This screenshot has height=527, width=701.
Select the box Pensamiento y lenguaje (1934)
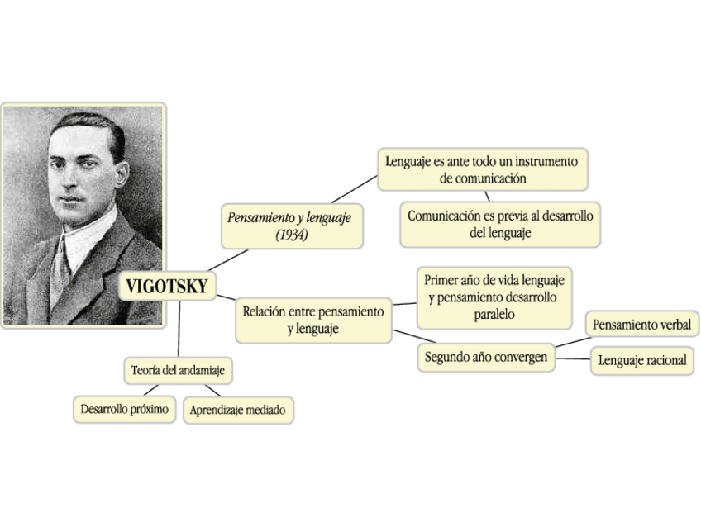click(292, 226)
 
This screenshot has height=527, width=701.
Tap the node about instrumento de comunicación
click(483, 169)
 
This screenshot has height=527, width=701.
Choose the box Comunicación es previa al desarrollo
click(500, 224)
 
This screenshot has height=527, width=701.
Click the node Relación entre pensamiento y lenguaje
click(313, 320)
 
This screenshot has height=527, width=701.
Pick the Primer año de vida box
click(494, 297)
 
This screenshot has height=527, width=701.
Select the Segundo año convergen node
click(485, 358)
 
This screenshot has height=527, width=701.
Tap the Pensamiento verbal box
click(641, 325)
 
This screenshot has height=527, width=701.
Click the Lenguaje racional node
click(642, 361)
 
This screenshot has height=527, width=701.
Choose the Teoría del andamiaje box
click(178, 371)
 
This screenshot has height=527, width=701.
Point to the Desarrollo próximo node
click(125, 409)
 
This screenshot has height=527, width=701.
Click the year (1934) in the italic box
click(292, 235)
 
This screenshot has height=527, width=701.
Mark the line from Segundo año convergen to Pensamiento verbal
click(571, 342)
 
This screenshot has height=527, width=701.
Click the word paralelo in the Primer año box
click(494, 315)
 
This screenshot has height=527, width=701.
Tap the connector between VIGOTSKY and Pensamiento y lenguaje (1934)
click(228, 259)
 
